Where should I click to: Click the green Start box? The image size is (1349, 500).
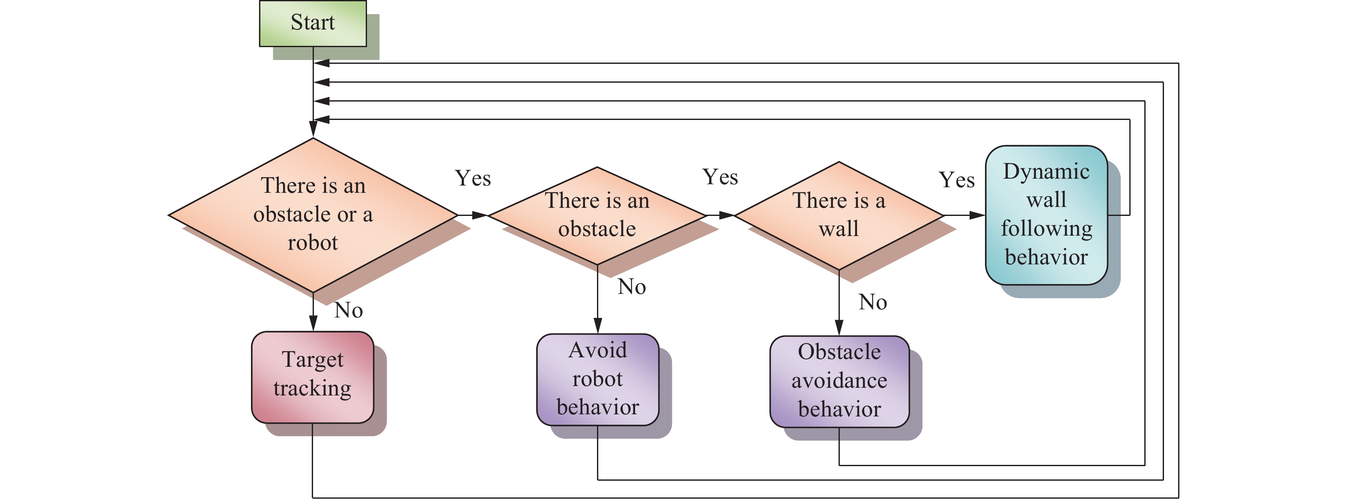[313, 24]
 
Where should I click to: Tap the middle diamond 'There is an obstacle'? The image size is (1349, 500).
[597, 215]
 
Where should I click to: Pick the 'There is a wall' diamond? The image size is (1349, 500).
[839, 215]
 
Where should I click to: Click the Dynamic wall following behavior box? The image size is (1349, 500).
[1046, 215]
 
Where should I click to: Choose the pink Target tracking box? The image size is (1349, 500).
[313, 376]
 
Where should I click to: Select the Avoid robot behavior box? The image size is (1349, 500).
[597, 379]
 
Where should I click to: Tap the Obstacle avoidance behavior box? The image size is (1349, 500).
[839, 380]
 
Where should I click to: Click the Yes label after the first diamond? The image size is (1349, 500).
[473, 179]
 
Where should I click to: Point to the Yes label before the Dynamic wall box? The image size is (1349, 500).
[957, 180]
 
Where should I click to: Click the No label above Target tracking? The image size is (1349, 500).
[349, 310]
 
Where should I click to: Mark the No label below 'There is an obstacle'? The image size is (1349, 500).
[632, 287]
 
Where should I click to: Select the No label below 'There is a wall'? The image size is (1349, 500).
[873, 302]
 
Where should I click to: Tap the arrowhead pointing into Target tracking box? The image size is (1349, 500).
[313, 323]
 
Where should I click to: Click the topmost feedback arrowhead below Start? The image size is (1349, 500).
[322, 63]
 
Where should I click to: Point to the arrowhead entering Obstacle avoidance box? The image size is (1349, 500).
[839, 328]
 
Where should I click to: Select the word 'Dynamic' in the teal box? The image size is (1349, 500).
[1046, 172]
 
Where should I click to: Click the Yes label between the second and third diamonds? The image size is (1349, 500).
[720, 177]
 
